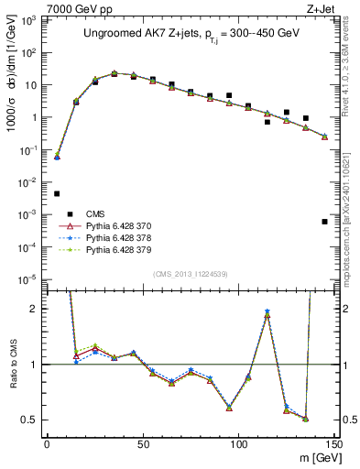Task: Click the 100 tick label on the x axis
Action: coord(238,443)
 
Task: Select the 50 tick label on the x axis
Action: coord(143,443)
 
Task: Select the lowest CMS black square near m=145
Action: coord(324,222)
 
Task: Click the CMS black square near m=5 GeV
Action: coord(57,193)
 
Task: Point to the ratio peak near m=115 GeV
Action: coord(267,312)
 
